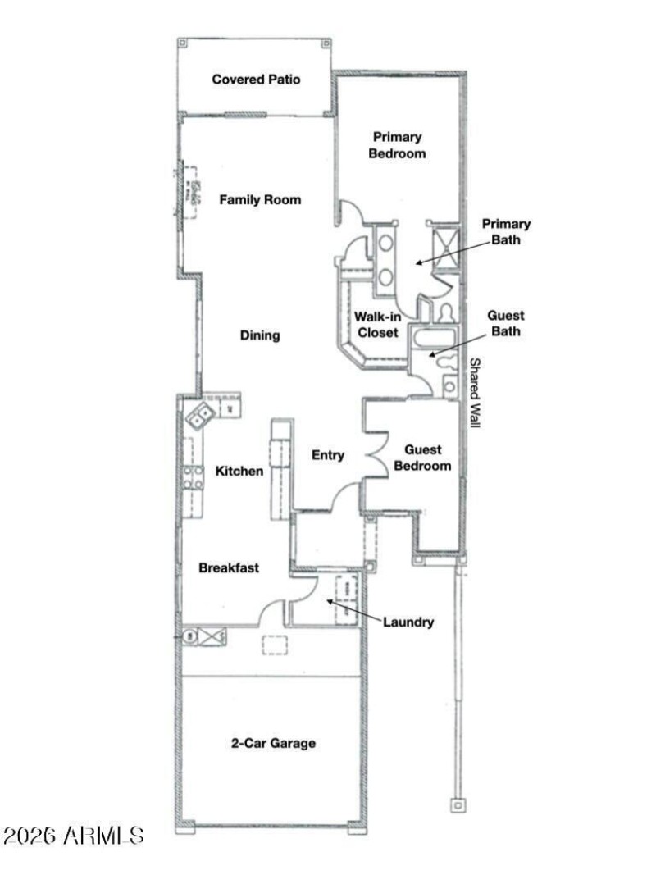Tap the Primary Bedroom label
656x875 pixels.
(398, 145)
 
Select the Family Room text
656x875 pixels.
(260, 199)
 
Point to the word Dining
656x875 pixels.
(260, 335)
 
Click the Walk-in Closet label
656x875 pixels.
(377, 325)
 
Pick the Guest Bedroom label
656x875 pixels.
(423, 458)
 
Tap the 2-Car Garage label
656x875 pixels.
(272, 743)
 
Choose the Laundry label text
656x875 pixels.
(408, 622)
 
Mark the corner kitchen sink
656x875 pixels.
(199, 417)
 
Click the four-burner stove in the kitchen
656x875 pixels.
(194, 477)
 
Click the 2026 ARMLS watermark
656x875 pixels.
(74, 836)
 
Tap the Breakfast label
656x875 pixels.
(229, 567)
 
